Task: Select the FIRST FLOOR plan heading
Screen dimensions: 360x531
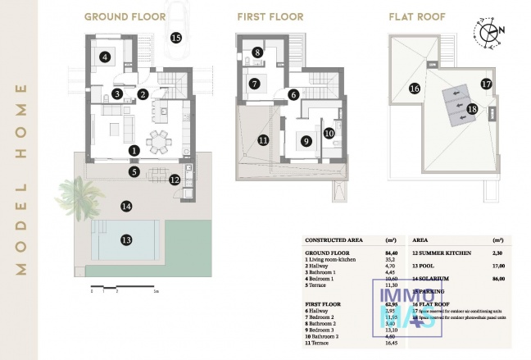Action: (270, 16)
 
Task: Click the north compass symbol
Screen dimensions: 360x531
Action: (491, 32)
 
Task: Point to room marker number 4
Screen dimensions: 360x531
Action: (105, 57)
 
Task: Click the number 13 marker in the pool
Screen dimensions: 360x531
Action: (126, 239)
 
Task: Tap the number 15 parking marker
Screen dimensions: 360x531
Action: (175, 38)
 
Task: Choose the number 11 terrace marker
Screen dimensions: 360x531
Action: (263, 140)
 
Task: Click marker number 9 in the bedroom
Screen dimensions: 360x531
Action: (306, 140)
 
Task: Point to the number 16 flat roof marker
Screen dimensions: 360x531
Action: (415, 88)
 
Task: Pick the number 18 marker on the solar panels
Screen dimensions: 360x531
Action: (471, 107)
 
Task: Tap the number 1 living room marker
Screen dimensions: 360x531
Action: (134, 150)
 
